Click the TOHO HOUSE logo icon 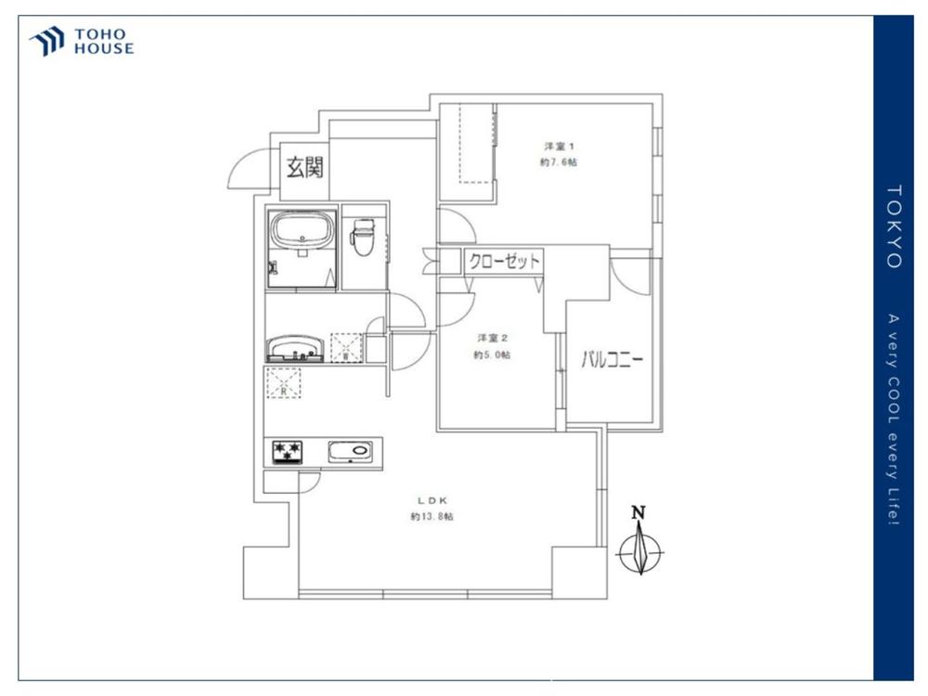(46, 41)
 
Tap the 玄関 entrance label (304, 167)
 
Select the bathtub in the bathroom (302, 232)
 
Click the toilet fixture (362, 237)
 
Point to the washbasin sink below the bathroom (294, 349)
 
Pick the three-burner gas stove (287, 452)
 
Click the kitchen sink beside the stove (351, 452)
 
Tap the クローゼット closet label (504, 261)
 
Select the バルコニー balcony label (612, 359)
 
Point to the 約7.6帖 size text (558, 162)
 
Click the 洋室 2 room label (493, 339)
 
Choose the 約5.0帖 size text (492, 355)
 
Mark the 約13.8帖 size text (432, 517)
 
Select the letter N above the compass (638, 512)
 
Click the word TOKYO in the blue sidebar (894, 227)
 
